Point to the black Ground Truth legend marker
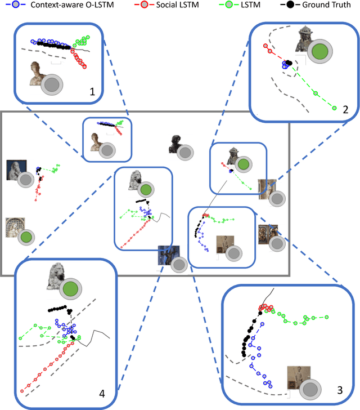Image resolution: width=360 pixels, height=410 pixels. (x=289, y=6)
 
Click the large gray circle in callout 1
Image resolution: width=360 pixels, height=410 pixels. (x=52, y=85)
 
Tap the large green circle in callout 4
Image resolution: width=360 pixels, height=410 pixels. (x=70, y=290)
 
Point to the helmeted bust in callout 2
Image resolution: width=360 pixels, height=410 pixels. (x=307, y=38)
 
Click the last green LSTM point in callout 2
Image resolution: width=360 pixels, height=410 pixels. (x=335, y=108)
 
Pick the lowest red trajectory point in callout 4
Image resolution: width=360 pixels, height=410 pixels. (x=21, y=390)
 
